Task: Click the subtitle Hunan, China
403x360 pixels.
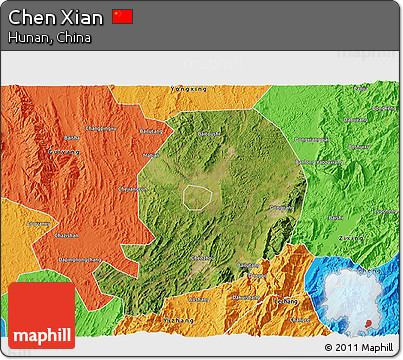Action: [x=48, y=38]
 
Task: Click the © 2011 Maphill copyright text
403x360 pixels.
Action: [x=360, y=347]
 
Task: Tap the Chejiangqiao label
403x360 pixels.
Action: [x=135, y=189]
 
